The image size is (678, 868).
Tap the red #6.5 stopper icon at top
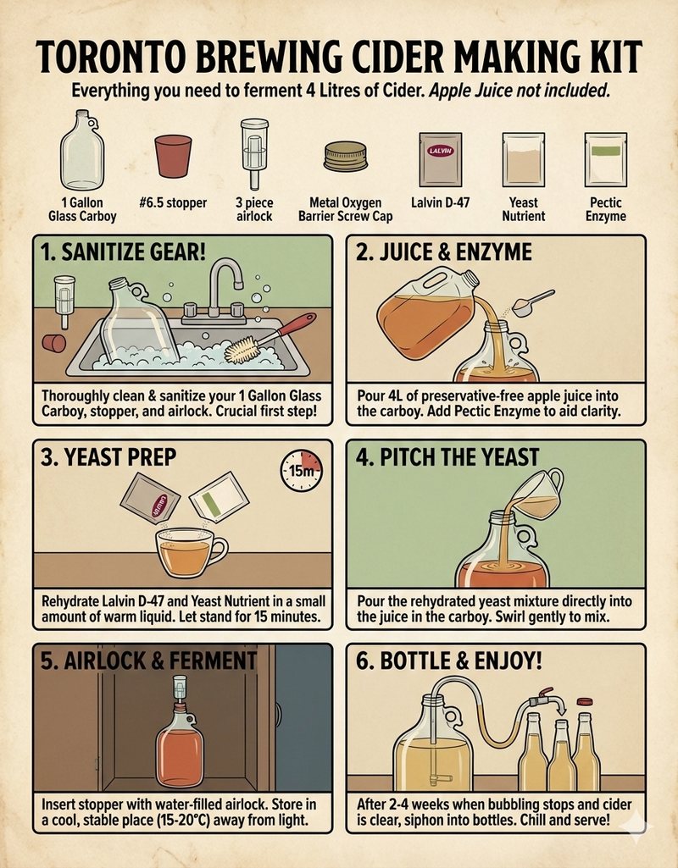pos(174,157)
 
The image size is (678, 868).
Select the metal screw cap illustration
pos(345,157)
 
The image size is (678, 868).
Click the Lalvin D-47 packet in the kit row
pos(440,159)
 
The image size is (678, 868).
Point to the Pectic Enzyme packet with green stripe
pos(605,159)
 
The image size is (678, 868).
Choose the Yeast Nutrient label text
pos(523,209)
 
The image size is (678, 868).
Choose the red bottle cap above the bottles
pos(583,701)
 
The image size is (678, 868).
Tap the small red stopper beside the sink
pos(55,342)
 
